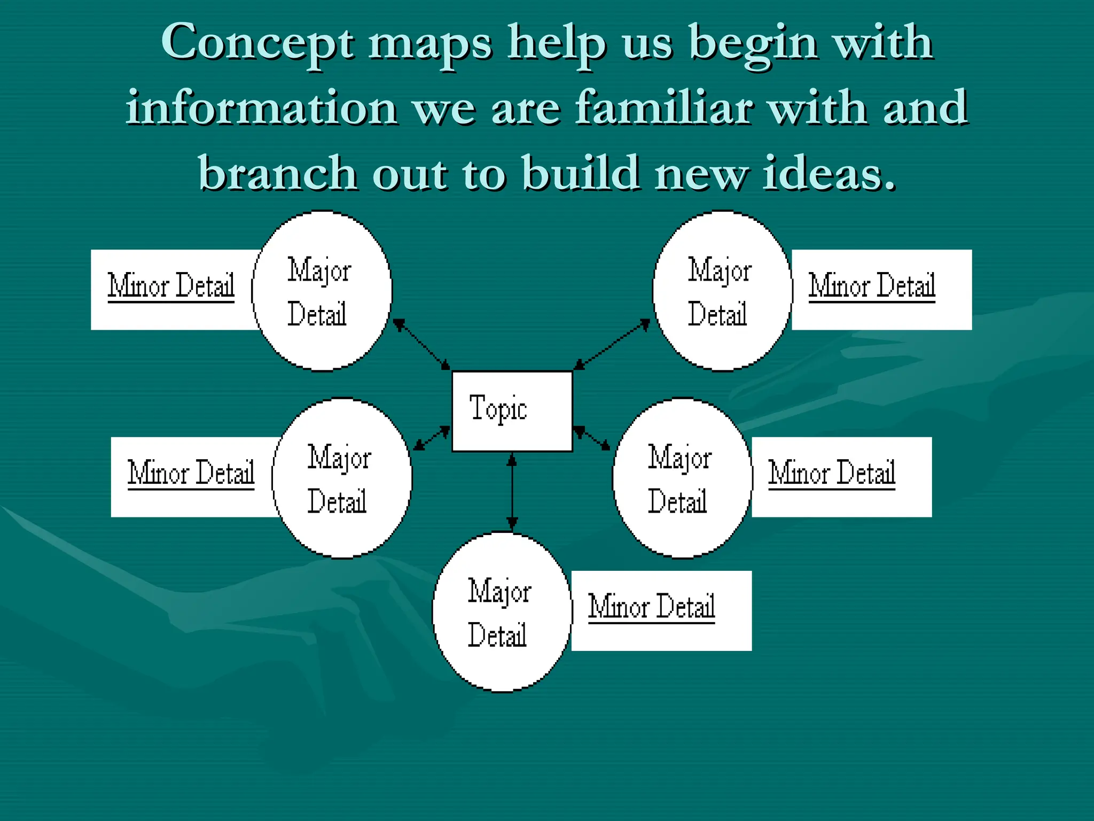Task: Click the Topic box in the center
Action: coord(512,411)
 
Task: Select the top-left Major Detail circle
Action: coord(322,291)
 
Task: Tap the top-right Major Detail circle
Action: coord(722,291)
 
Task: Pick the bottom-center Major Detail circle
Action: coord(502,612)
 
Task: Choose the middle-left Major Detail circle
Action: coord(342,478)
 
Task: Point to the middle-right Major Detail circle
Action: coord(682,478)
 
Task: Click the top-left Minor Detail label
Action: coord(171,286)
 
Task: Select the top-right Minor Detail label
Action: coord(872,286)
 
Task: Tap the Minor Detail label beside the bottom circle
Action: coord(652,607)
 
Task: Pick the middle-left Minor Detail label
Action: coord(191,474)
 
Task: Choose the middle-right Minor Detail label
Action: coord(832,474)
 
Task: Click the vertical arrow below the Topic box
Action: coord(512,492)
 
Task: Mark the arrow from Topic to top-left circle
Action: coord(421,344)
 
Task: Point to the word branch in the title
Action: coord(278,174)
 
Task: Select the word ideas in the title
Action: coord(829,174)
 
